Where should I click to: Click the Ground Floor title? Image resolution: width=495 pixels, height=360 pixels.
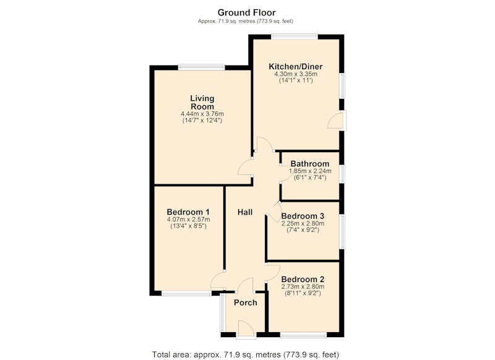click(246, 12)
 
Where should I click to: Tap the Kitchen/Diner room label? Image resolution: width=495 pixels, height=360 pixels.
click(296, 67)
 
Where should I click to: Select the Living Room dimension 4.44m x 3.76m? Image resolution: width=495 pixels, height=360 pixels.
click(202, 114)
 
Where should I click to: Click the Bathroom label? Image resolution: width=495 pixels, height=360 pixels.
click(310, 164)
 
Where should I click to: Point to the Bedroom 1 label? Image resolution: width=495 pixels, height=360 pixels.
click(188, 212)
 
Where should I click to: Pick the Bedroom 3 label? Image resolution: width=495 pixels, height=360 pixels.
click(303, 216)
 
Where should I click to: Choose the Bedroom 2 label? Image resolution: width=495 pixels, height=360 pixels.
click(303, 279)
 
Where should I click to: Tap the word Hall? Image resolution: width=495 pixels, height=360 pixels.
click(245, 212)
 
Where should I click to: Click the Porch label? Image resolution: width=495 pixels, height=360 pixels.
click(246, 302)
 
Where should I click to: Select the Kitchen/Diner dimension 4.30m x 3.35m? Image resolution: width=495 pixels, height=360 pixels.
click(296, 74)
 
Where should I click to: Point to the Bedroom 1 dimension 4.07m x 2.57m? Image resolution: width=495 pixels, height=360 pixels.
click(189, 220)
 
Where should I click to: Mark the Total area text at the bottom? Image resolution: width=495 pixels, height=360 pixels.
click(246, 354)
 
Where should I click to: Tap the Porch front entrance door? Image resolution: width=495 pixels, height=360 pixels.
click(246, 330)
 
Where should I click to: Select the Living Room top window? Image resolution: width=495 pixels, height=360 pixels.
click(202, 67)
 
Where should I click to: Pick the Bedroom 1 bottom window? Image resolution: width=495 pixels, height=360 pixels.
click(187, 294)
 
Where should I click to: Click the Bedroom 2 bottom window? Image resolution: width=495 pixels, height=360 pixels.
click(303, 335)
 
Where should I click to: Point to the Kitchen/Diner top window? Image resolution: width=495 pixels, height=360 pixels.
click(295, 36)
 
